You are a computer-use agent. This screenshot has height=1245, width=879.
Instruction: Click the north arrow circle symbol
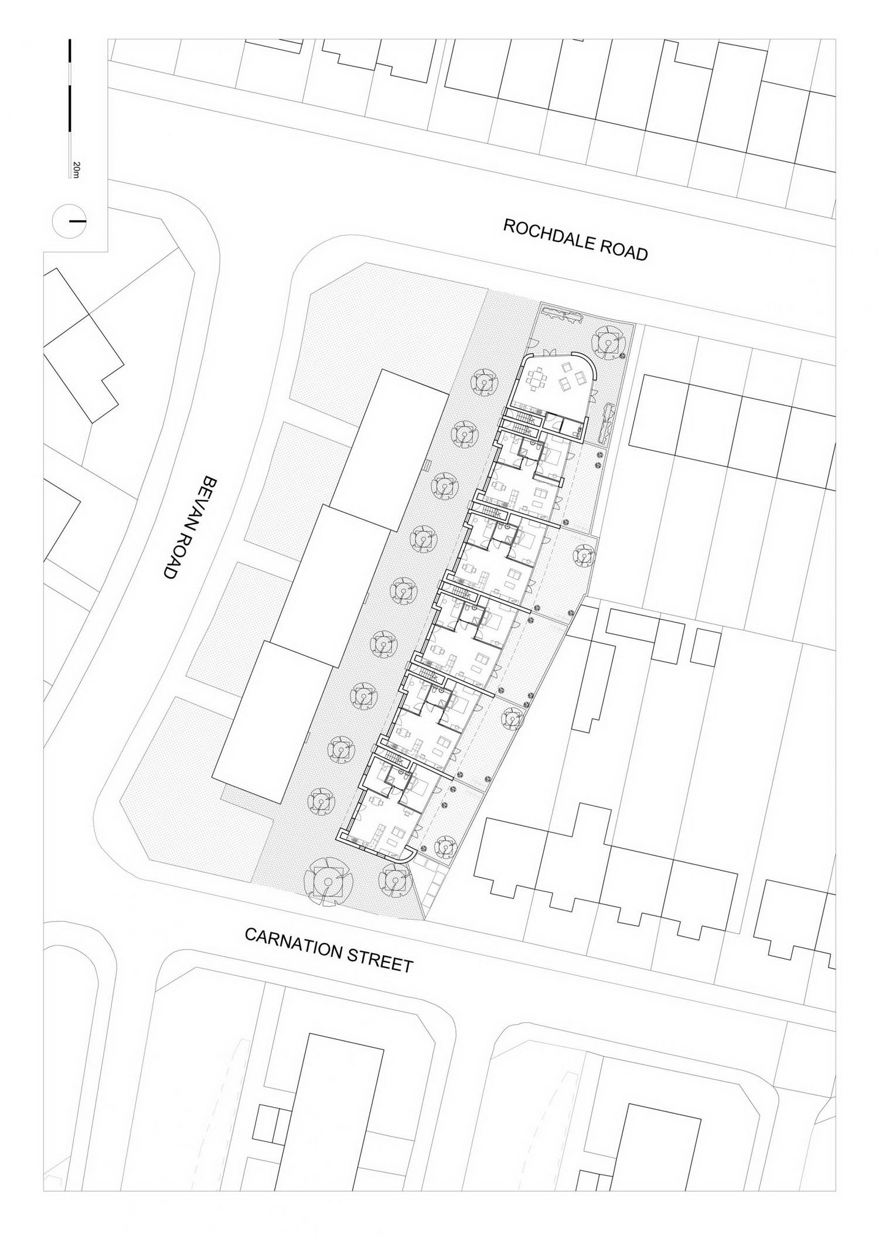click(x=69, y=221)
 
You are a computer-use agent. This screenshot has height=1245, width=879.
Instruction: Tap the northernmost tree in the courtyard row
click(x=484, y=382)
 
